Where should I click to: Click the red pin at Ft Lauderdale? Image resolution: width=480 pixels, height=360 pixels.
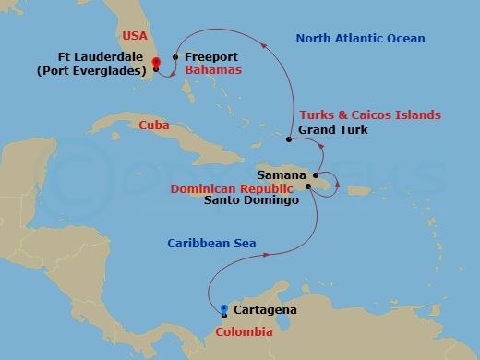pos(156,63)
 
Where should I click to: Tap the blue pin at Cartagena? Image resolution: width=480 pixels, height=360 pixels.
pos(224,308)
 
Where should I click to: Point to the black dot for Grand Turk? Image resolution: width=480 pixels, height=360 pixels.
pos(289,139)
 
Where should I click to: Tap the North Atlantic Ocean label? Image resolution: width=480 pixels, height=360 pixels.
pos(359,39)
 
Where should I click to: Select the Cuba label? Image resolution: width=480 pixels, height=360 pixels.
pos(153,126)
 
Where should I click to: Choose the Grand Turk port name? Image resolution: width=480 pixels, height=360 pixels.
pos(333,130)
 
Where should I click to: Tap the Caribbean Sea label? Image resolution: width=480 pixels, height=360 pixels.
pos(211,244)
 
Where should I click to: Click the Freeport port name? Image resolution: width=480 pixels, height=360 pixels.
pos(211,56)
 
